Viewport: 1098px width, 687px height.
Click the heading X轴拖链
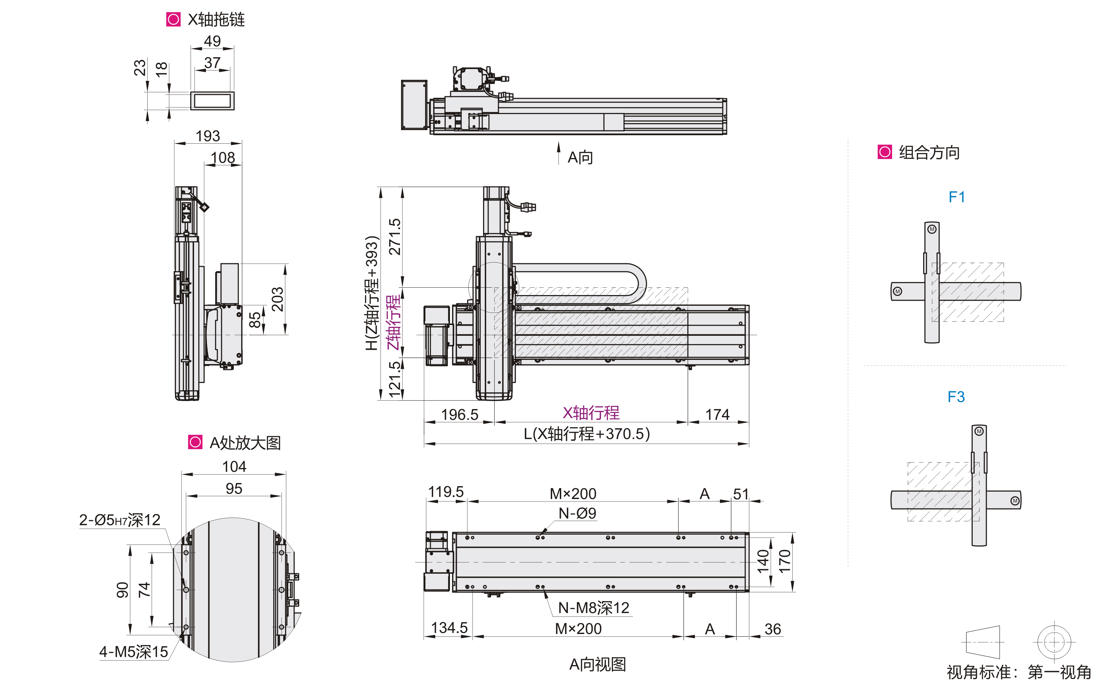(x=216, y=20)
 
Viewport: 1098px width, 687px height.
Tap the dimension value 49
(x=212, y=41)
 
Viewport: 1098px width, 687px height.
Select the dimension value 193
(x=208, y=136)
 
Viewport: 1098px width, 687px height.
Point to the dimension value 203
(x=277, y=299)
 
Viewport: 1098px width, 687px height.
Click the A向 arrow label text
(x=580, y=157)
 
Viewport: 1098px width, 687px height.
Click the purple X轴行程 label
(x=591, y=413)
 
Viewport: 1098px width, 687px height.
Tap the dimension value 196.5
(x=460, y=414)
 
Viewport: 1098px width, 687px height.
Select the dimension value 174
(x=717, y=414)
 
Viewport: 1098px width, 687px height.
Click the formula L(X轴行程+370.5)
(x=586, y=434)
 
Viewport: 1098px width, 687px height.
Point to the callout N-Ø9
(x=577, y=513)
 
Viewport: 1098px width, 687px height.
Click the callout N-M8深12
(x=593, y=607)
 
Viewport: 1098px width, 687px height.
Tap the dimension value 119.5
(x=446, y=492)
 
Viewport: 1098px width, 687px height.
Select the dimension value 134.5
(x=449, y=628)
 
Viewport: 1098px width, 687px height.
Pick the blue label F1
(x=957, y=197)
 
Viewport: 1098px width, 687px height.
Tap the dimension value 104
(x=234, y=466)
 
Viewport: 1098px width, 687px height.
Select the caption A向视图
(x=598, y=664)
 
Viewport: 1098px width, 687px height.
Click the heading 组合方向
(x=929, y=152)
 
